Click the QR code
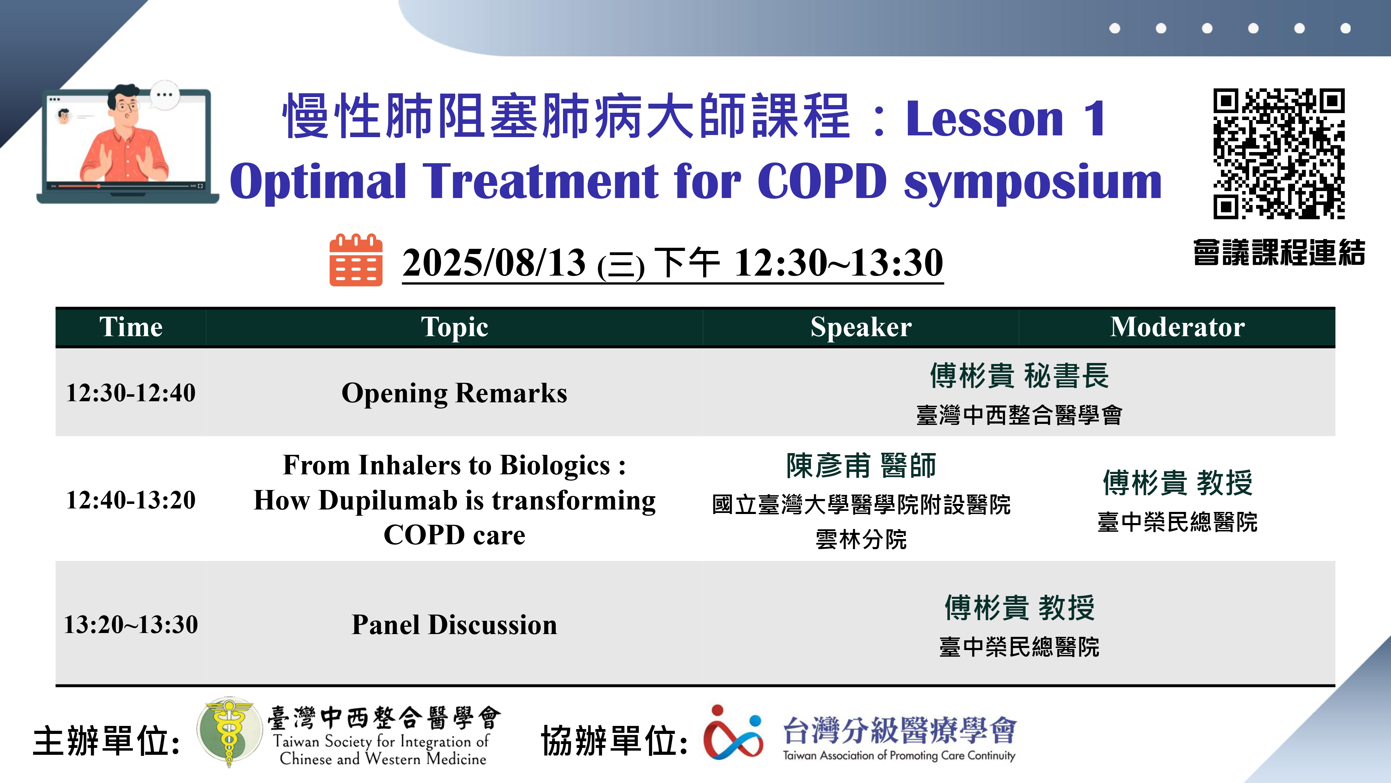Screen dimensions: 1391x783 pos(1279,153)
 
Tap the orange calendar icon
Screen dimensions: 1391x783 pos(356,260)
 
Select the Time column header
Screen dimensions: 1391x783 pos(131,327)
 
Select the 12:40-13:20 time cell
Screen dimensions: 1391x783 pos(131,499)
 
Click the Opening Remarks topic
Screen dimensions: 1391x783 pos(455,393)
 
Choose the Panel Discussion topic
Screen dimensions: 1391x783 pos(455,625)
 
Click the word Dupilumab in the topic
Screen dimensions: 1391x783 pos(388,501)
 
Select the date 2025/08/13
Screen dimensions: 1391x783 pos(494,263)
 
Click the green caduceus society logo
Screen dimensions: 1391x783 pos(227,732)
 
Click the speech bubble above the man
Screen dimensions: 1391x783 pos(164,95)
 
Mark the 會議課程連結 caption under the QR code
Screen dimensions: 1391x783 pos(1279,252)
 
